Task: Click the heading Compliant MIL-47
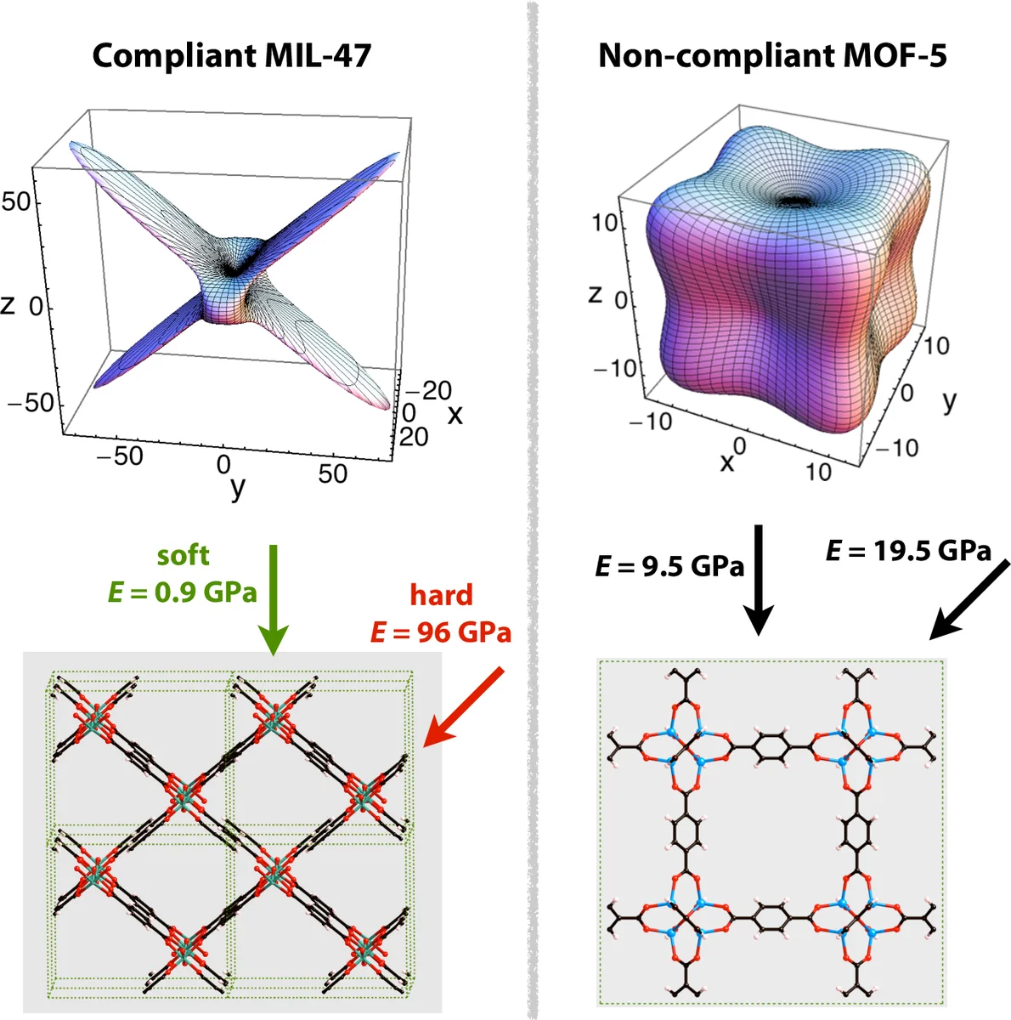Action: (x=231, y=56)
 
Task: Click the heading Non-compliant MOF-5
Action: (x=771, y=56)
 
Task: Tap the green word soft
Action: (x=183, y=556)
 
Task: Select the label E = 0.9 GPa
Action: (x=182, y=592)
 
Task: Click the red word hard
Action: (x=441, y=595)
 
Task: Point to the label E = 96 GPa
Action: (x=441, y=632)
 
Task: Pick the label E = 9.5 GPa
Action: (x=669, y=566)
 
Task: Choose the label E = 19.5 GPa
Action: (x=908, y=551)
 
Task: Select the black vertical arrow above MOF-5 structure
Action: (x=759, y=580)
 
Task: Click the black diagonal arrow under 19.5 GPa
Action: (x=969, y=600)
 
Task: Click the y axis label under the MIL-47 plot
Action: (x=238, y=487)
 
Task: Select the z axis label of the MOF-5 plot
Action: (x=596, y=294)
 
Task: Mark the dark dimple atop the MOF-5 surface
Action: (x=796, y=201)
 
